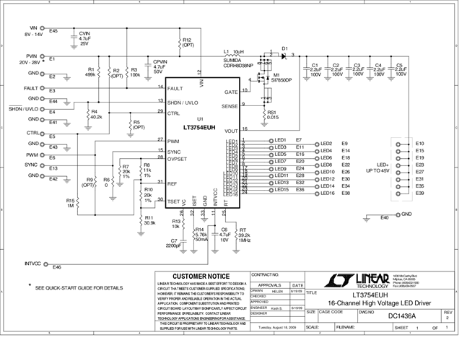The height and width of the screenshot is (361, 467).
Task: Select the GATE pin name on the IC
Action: [x=231, y=92]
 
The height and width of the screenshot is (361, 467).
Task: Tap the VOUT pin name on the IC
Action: [x=230, y=131]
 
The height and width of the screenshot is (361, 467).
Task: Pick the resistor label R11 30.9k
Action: [x=149, y=220]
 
